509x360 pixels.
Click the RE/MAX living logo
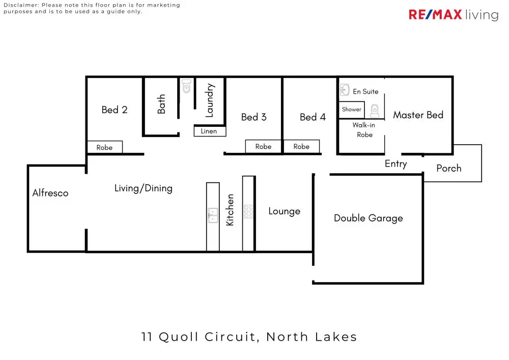453,15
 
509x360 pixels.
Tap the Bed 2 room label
114,110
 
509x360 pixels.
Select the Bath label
161,104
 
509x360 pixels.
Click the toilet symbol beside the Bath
186,87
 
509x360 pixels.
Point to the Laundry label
209,101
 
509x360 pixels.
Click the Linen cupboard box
209,131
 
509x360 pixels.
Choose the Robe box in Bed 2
104,148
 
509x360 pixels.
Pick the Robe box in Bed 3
263,147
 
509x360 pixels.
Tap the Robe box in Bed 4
301,147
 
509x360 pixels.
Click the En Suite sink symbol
344,91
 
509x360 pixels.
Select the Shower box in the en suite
352,109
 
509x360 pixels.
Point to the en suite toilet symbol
374,110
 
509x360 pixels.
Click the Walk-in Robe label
364,130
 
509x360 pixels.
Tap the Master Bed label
418,115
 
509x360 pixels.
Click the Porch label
449,169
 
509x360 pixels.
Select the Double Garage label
368,218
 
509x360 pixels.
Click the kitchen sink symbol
212,215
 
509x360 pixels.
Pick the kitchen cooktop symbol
248,211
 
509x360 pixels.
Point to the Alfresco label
50,193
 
